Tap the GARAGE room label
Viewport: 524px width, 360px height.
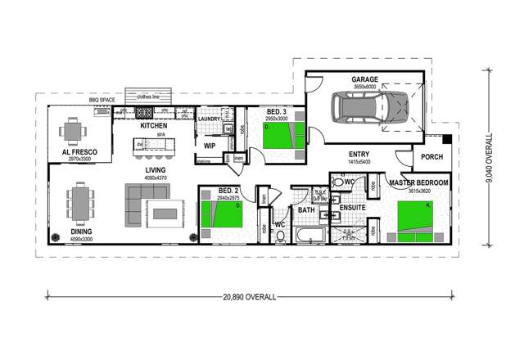pyautogui.click(x=342, y=80)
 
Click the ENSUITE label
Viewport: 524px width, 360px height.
pyautogui.click(x=352, y=209)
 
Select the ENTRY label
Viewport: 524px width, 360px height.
pyautogui.click(x=359, y=154)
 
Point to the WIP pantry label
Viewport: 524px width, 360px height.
pyautogui.click(x=209, y=145)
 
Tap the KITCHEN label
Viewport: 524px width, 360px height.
pyautogui.click(x=154, y=126)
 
